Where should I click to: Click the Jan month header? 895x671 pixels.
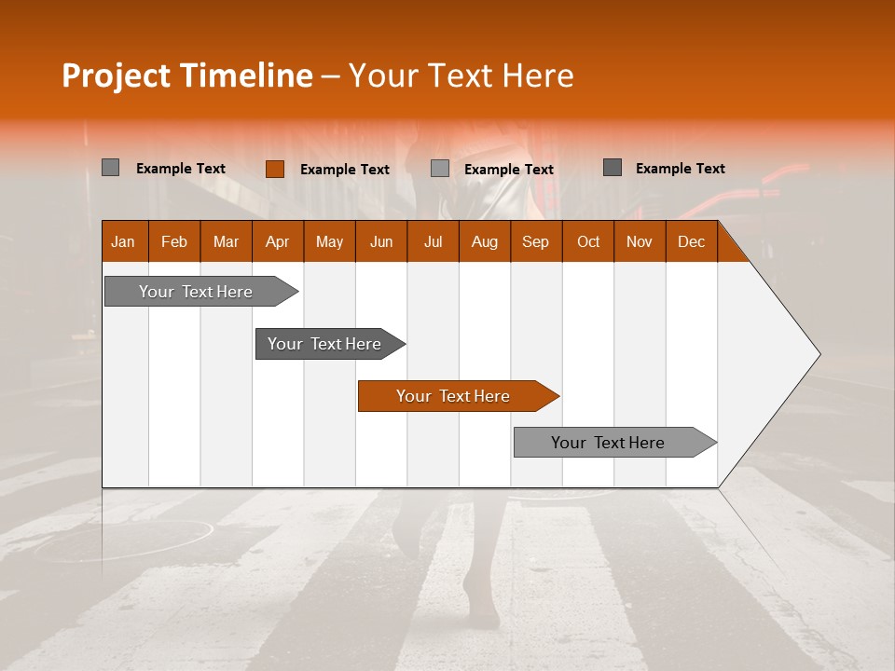[x=124, y=241]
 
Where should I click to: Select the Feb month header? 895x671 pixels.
[x=174, y=241]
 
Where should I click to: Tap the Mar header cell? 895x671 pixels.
[x=226, y=241]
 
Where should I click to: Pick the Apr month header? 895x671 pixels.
[x=278, y=241]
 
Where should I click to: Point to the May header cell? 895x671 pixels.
[x=329, y=241]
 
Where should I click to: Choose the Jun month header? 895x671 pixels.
[x=381, y=241]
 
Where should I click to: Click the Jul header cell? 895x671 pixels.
[x=433, y=241]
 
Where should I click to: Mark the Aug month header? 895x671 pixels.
[x=485, y=241]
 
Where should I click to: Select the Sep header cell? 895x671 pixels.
[x=536, y=241]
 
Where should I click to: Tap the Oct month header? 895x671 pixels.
[x=588, y=241]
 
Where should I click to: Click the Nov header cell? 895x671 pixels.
[x=640, y=241]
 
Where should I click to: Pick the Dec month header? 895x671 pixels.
[x=692, y=241]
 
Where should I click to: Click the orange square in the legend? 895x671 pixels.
[x=275, y=169]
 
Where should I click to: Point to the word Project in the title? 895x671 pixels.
[x=116, y=75]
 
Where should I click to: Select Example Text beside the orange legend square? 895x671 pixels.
[x=345, y=170]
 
